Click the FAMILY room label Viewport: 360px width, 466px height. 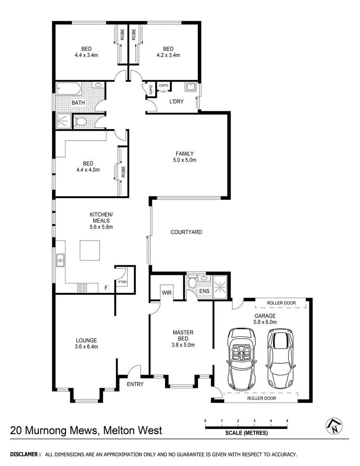tap(184, 154)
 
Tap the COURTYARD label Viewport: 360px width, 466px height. tap(186, 232)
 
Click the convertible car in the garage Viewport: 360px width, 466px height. tap(241, 357)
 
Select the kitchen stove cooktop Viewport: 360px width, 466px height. tap(82, 288)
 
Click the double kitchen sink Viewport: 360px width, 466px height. tap(59, 260)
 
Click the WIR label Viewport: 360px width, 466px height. tap(167, 292)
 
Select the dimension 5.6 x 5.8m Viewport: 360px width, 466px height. tap(101, 227)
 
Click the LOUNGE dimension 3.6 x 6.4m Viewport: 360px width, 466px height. tap(87, 346)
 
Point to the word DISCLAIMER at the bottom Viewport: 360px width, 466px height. tap(25, 455)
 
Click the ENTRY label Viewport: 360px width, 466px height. tap(135, 384)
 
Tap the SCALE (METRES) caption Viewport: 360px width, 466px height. tap(246, 433)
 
